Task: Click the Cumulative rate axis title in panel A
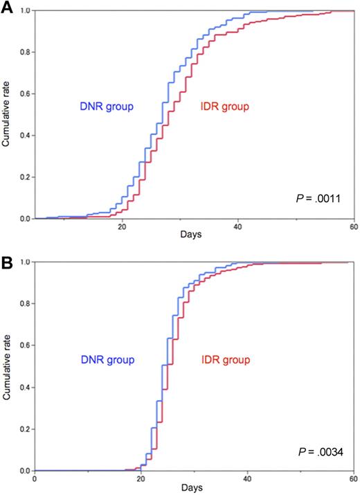tap(7, 114)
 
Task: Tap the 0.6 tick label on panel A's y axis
tap(24, 94)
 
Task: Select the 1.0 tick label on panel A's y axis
tap(24, 11)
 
